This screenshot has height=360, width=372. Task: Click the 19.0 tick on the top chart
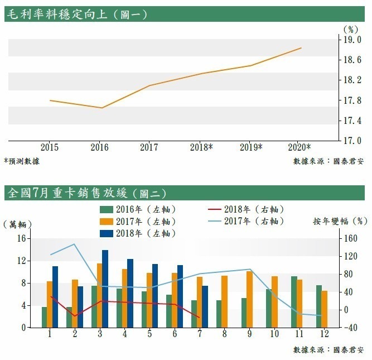pyautogui.click(x=355, y=40)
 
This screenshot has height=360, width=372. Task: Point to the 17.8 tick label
pyautogui.click(x=355, y=100)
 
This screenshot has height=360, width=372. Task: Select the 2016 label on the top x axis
pyautogui.click(x=100, y=148)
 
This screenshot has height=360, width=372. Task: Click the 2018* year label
pyautogui.click(x=201, y=148)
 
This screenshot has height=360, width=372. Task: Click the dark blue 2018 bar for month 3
pyautogui.click(x=105, y=289)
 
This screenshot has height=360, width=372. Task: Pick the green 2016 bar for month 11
pyautogui.click(x=294, y=302)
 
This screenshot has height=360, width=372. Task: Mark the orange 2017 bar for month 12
pyautogui.click(x=325, y=309)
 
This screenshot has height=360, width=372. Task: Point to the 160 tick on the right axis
pyautogui.click(x=350, y=238)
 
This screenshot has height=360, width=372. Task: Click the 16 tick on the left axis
pyautogui.click(x=22, y=238)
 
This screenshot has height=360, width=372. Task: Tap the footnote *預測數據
pyautogui.click(x=21, y=161)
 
